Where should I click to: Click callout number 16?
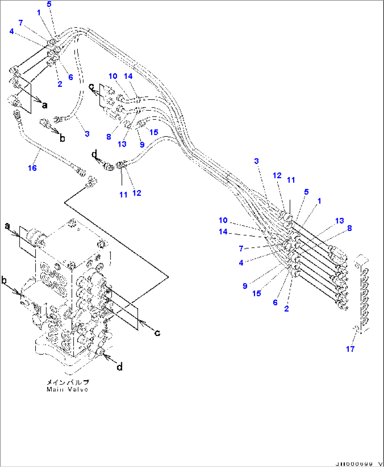tap(32, 168)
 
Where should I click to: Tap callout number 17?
tap(350, 349)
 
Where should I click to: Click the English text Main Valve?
tap(67, 389)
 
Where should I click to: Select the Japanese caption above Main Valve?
tap(68, 382)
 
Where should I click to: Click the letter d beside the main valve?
tap(120, 367)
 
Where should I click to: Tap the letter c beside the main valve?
tap(157, 333)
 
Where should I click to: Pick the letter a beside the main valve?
tap(7, 226)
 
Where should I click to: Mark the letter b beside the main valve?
tap(4, 280)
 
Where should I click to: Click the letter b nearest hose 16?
tap(62, 138)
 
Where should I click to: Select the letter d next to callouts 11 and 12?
tap(94, 154)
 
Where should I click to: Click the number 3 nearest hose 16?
tap(87, 134)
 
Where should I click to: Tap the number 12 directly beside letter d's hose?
tap(137, 193)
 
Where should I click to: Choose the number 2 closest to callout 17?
tap(286, 309)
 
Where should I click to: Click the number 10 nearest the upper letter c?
tap(113, 76)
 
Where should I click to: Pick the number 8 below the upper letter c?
tap(109, 137)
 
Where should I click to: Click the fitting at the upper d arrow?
tap(109, 166)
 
